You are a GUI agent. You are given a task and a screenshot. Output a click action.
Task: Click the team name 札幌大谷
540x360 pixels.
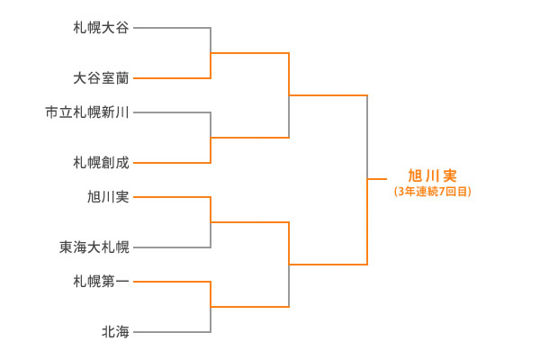(x=101, y=28)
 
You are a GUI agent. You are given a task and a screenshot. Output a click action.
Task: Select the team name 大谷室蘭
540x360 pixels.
(x=101, y=78)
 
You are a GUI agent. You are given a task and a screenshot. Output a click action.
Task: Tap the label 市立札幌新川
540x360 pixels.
(x=87, y=112)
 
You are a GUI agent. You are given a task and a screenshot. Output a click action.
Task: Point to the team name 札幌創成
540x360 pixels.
(x=101, y=163)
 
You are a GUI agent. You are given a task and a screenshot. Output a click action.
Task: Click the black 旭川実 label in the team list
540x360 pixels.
(x=108, y=196)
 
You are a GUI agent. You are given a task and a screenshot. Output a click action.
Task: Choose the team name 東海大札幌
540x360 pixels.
(x=94, y=247)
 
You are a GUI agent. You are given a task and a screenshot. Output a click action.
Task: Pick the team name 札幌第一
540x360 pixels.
(x=101, y=281)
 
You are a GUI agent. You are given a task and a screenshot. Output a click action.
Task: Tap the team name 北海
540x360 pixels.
(x=115, y=332)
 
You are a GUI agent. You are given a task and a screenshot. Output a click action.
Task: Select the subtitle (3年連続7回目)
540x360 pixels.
(x=432, y=192)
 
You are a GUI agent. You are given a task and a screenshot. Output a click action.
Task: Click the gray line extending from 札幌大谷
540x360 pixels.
(x=171, y=28)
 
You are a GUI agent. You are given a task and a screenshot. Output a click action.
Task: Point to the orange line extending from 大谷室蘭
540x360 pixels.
(x=171, y=78)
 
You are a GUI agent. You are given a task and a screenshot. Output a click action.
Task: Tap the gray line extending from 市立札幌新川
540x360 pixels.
(x=171, y=112)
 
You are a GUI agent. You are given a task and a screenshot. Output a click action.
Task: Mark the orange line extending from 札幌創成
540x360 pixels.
(x=171, y=163)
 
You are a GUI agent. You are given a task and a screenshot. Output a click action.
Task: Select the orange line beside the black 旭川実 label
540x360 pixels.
(x=171, y=196)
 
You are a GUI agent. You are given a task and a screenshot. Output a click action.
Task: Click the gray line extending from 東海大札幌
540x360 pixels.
(x=171, y=247)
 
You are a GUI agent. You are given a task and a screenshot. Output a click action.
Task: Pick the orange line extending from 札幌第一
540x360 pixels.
(x=171, y=281)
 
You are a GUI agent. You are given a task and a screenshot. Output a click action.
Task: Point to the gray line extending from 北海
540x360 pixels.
(x=171, y=332)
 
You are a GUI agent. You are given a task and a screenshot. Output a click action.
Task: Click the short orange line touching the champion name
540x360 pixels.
(x=377, y=180)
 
